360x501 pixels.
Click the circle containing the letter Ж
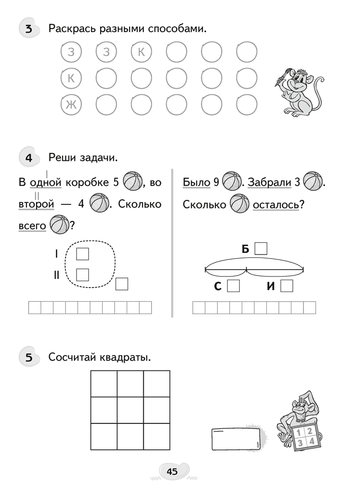point(71,105)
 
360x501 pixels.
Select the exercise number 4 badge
point(29,158)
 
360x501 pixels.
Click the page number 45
point(172,471)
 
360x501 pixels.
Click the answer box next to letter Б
point(261,248)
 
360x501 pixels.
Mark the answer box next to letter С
point(233,286)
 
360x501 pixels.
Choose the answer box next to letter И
point(286,286)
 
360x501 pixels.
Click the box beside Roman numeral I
point(82,254)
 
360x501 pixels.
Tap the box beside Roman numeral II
point(82,275)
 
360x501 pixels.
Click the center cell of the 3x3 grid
point(130,410)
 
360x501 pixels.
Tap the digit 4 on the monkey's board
point(311,441)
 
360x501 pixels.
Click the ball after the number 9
point(230,181)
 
